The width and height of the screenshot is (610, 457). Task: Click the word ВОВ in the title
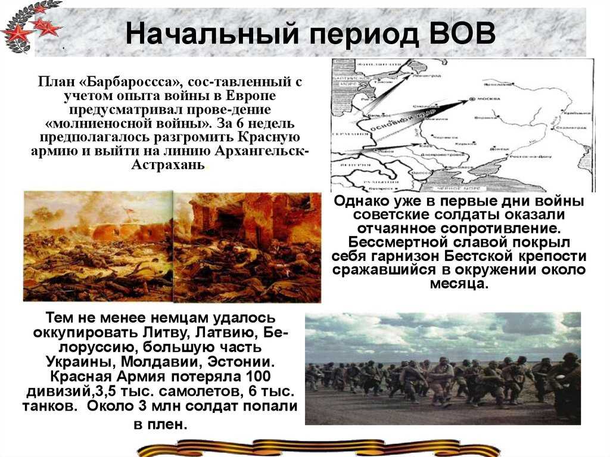coord(462,34)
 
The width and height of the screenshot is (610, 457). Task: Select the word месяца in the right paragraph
coord(459,284)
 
